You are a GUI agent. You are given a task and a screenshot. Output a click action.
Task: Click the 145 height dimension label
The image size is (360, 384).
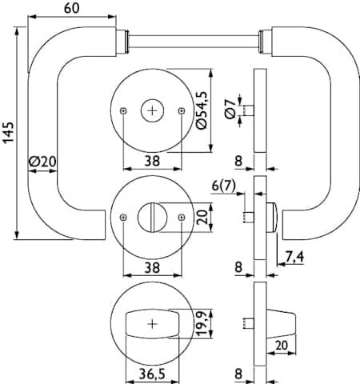pyautogui.click(x=9, y=133)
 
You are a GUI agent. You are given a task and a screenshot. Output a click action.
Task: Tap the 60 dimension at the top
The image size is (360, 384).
pyautogui.click(x=72, y=8)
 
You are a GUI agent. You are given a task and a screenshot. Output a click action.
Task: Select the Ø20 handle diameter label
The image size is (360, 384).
pyautogui.click(x=42, y=162)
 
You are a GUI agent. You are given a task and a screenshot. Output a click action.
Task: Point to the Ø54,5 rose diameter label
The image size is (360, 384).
pyautogui.click(x=202, y=110)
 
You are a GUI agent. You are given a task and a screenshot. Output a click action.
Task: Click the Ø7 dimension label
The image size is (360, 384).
pyautogui.click(x=230, y=109)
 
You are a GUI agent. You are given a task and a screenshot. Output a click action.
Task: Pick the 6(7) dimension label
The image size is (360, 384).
pyautogui.click(x=224, y=186)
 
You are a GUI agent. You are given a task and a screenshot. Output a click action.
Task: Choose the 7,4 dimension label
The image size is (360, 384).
pyautogui.click(x=294, y=257)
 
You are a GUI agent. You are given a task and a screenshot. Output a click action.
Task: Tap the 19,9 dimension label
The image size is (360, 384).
pyautogui.click(x=202, y=323)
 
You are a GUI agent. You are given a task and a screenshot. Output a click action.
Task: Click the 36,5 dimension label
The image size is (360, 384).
pyautogui.click(x=152, y=374)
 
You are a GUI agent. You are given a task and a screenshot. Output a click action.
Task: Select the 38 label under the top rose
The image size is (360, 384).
pyautogui.click(x=152, y=161)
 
